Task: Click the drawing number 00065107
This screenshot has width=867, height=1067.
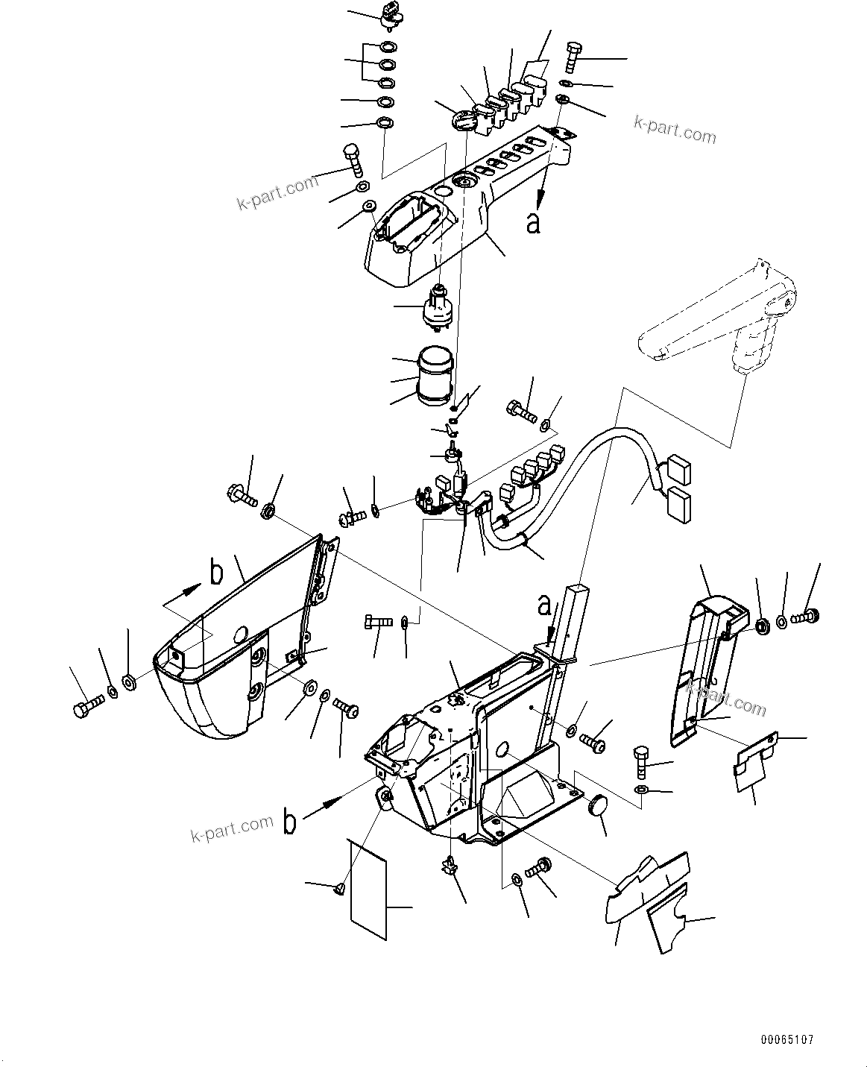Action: click(787, 1039)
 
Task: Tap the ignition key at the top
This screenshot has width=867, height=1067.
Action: click(392, 12)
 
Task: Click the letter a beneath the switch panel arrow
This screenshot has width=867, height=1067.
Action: click(533, 222)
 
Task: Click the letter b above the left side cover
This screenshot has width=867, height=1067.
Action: click(216, 573)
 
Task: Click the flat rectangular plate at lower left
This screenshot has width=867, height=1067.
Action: click(368, 888)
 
